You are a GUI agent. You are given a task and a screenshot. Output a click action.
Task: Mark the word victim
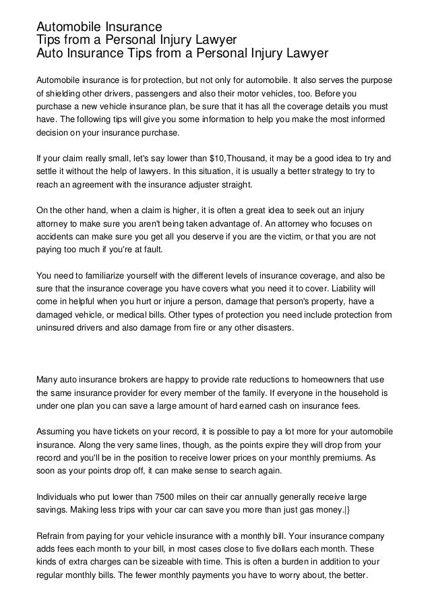299,237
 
